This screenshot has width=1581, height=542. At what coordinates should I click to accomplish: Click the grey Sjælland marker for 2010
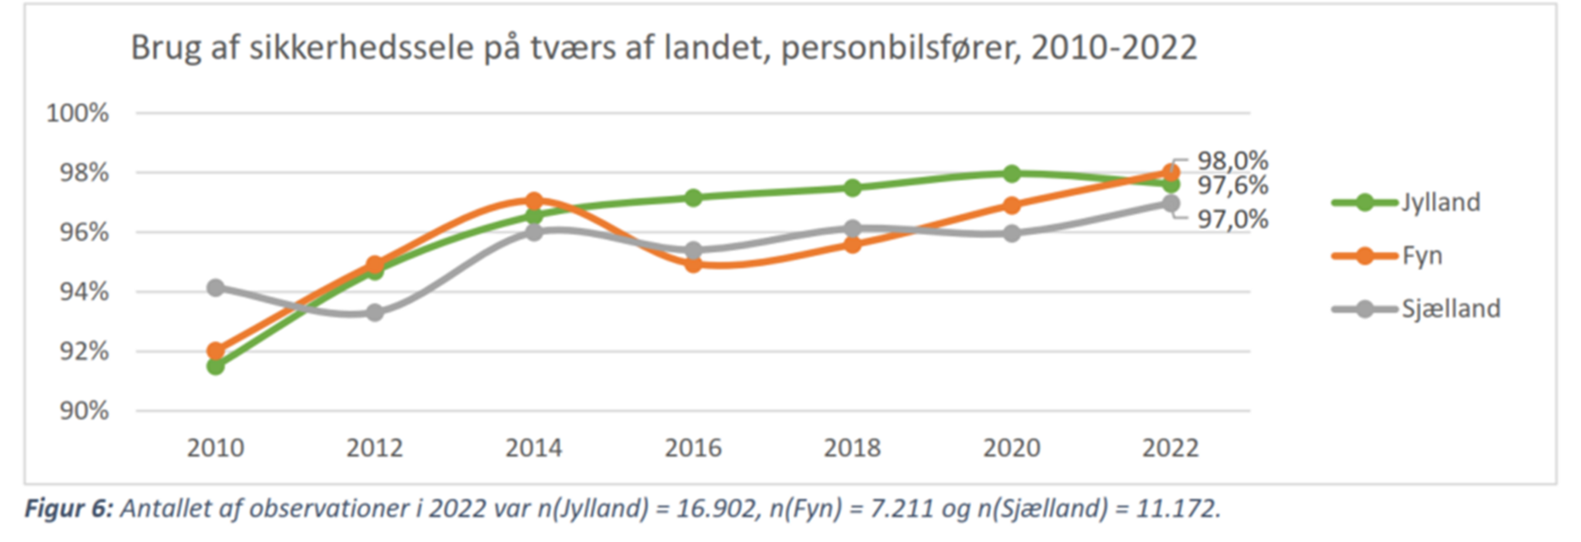(x=215, y=287)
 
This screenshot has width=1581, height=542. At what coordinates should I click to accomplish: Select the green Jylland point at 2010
(x=215, y=367)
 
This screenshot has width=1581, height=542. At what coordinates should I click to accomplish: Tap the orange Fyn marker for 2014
(x=534, y=201)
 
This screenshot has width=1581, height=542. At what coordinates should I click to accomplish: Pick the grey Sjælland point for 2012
(x=375, y=313)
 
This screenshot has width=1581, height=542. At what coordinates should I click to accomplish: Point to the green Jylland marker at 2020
(x=1012, y=173)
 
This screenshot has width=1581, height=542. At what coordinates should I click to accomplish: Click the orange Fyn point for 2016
(x=693, y=265)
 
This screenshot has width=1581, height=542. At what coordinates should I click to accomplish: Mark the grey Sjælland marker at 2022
(x=1170, y=203)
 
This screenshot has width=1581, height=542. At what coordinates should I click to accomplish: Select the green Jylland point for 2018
(x=852, y=188)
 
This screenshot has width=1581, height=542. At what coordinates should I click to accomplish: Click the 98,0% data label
(x=1233, y=161)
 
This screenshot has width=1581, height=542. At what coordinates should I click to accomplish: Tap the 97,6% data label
(x=1233, y=185)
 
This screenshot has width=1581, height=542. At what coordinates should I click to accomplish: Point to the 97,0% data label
(x=1233, y=219)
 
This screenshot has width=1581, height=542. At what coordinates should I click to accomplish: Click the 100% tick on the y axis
(x=78, y=114)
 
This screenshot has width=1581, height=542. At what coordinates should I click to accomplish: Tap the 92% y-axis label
(x=84, y=352)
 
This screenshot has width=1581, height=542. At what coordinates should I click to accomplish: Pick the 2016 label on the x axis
(x=693, y=448)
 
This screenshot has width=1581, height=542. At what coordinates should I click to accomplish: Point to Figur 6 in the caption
(x=68, y=509)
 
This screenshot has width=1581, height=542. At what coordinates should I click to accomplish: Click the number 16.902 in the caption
(x=716, y=509)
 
